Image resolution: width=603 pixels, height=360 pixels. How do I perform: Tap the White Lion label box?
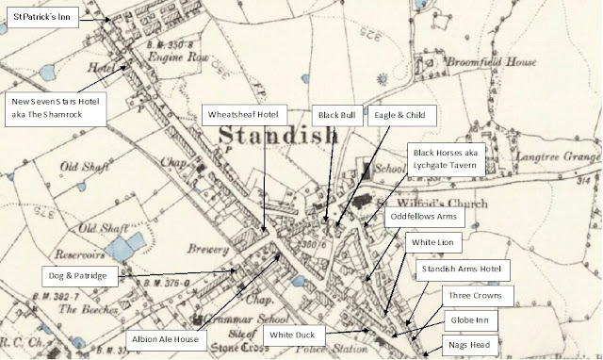pyautogui.click(x=435, y=242)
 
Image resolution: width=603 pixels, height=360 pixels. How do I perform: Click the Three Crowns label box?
pyautogui.click(x=477, y=295)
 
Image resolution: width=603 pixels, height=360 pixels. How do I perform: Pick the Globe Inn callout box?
pyautogui.click(x=477, y=320)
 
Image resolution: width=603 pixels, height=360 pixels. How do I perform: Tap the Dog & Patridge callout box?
pyautogui.click(x=80, y=275)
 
